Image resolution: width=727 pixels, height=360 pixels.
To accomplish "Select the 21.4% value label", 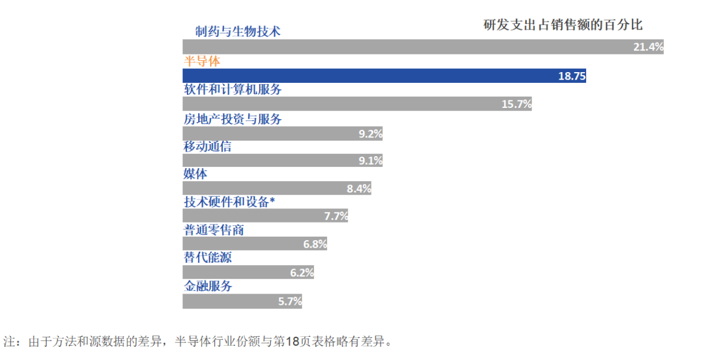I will coord(648,47).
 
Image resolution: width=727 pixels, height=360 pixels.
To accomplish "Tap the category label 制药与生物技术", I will coord(237,31).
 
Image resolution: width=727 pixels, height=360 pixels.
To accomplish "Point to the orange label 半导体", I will coord(201,61).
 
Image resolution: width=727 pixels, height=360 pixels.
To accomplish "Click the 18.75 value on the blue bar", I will coord(571,76).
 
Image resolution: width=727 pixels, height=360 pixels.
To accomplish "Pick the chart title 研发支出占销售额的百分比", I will coord(563,25).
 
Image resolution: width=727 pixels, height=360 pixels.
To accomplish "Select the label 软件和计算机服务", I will coord(232,90).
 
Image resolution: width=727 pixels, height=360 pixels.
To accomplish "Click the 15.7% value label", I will coord(516,104).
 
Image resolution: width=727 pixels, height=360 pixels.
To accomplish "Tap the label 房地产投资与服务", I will coord(232,119).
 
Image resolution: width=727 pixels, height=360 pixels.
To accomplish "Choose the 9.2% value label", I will coord(370,134).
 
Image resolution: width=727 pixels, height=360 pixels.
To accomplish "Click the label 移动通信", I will coord(207,146).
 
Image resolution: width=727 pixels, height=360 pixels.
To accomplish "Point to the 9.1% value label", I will coord(370,161).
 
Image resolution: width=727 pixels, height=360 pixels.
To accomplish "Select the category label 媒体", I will coord(195,174).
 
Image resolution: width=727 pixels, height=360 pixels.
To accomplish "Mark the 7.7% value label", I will coord(336,216).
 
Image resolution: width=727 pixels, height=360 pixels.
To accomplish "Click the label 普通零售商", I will coord(214,230).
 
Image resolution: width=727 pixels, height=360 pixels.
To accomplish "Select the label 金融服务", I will coord(207,286).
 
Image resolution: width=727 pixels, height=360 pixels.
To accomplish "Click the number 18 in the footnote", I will coord(293,342).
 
